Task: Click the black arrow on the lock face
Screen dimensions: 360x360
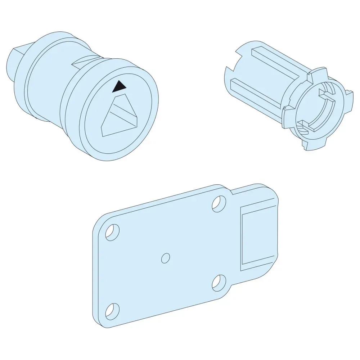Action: coord(119,86)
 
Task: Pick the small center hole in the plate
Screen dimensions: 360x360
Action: coord(166,257)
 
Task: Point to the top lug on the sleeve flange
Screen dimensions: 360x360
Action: coord(310,76)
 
